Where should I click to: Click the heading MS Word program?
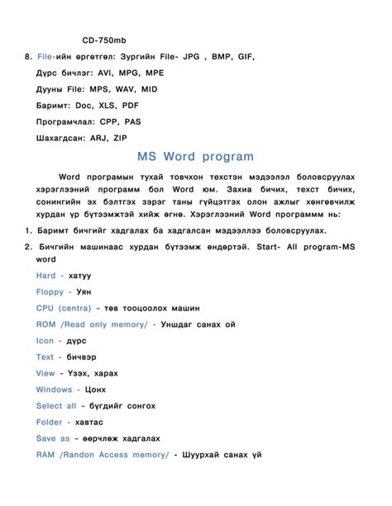(x=196, y=157)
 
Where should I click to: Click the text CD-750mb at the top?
(x=105, y=40)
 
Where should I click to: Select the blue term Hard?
(x=46, y=276)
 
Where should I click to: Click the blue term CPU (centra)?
(x=63, y=308)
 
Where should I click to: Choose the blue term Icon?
(x=45, y=341)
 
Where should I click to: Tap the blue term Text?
(x=45, y=357)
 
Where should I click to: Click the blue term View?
(x=45, y=373)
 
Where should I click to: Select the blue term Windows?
(x=55, y=390)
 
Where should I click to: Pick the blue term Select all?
(x=56, y=406)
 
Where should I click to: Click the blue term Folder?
(x=50, y=422)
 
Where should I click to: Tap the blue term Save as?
(x=54, y=438)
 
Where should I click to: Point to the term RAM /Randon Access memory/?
(x=102, y=455)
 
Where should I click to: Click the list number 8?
(x=27, y=57)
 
